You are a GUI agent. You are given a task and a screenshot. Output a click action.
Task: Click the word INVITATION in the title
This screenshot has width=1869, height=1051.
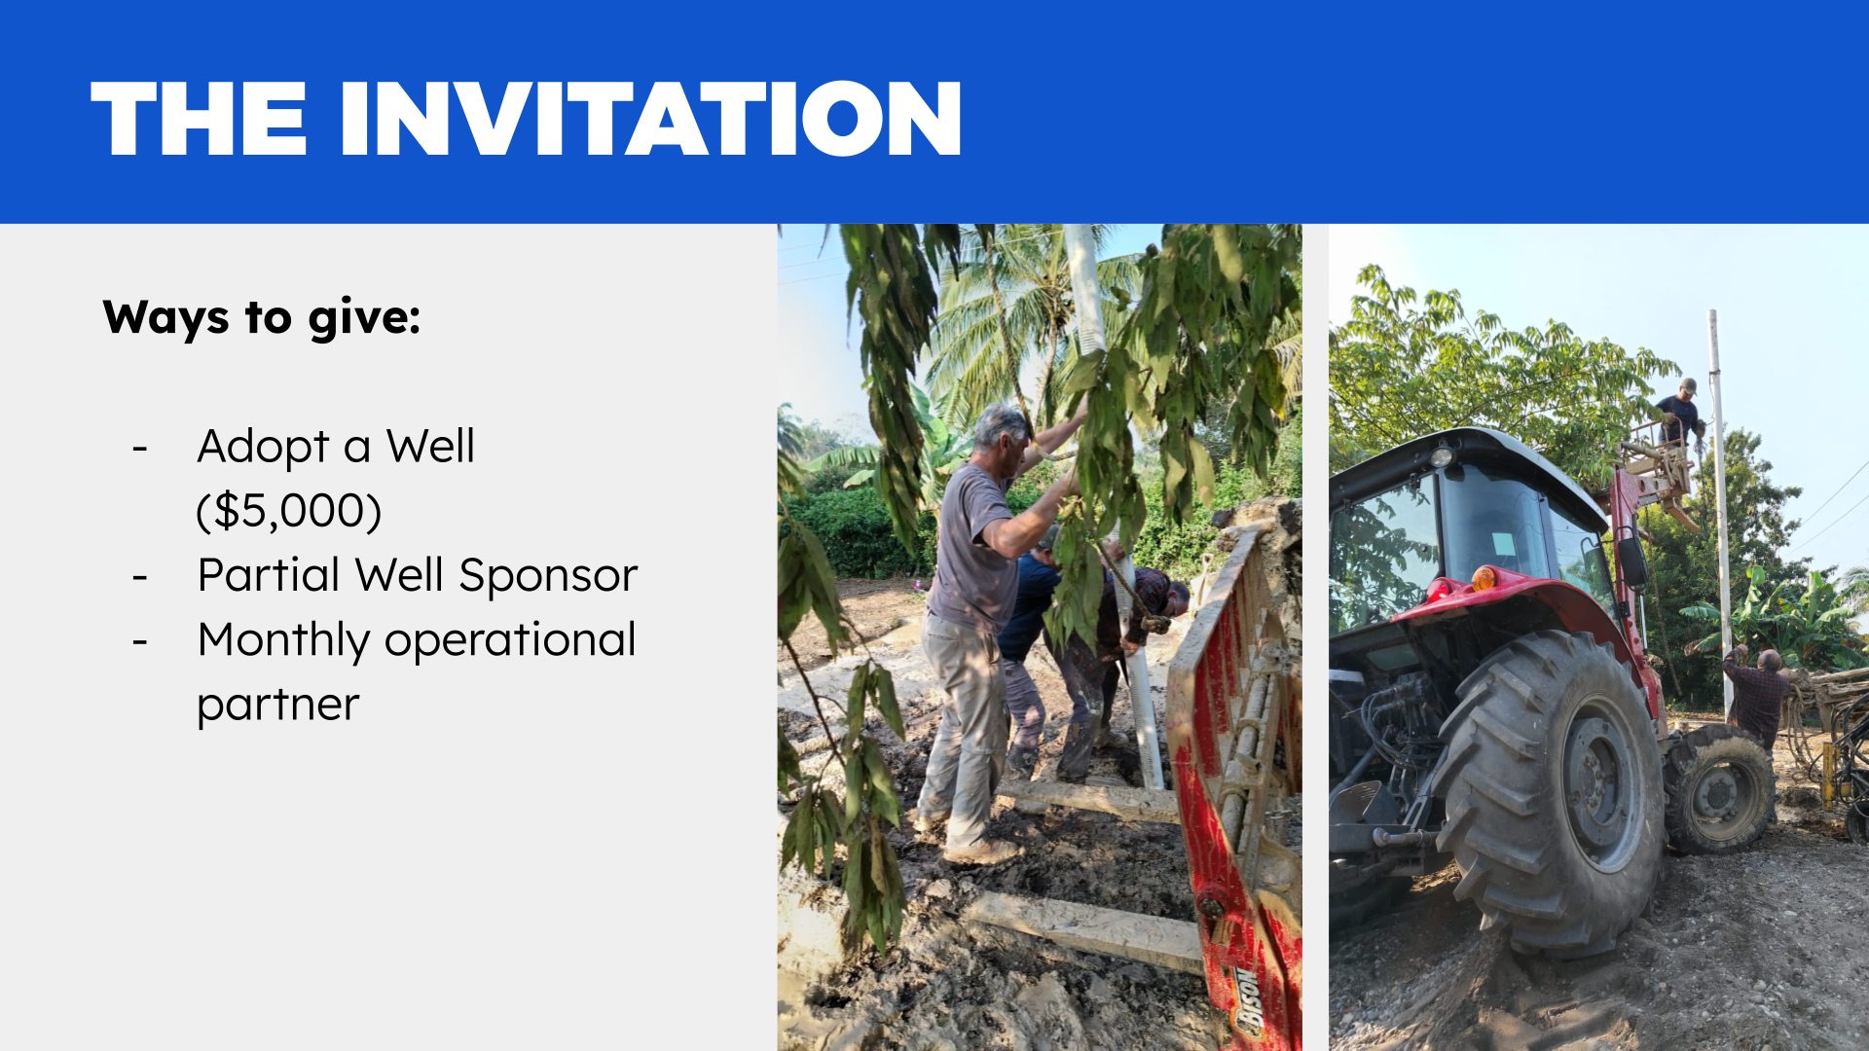coord(650,119)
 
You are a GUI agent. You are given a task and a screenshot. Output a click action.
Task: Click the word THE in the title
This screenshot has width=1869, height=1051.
coord(199,119)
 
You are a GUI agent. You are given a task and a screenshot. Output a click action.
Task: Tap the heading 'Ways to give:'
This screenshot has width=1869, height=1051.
coord(262,318)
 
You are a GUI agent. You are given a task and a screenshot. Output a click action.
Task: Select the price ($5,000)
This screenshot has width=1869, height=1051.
coord(289,511)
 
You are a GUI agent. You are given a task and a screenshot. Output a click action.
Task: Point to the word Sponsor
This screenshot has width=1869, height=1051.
coord(548,576)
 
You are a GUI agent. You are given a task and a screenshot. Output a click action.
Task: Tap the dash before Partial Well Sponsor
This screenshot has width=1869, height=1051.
coord(140,577)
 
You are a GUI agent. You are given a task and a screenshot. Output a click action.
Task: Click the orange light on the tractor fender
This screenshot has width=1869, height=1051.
coord(1484,578)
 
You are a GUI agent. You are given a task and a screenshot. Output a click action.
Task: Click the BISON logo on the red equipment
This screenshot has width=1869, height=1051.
coord(1247,1002)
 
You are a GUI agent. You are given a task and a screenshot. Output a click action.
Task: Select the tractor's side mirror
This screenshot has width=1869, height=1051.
coord(1632,562)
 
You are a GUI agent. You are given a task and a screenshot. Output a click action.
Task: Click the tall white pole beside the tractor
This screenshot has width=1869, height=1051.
coord(1720,516)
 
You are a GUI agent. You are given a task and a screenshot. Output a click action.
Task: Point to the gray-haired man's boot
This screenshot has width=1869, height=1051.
coord(983,851)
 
